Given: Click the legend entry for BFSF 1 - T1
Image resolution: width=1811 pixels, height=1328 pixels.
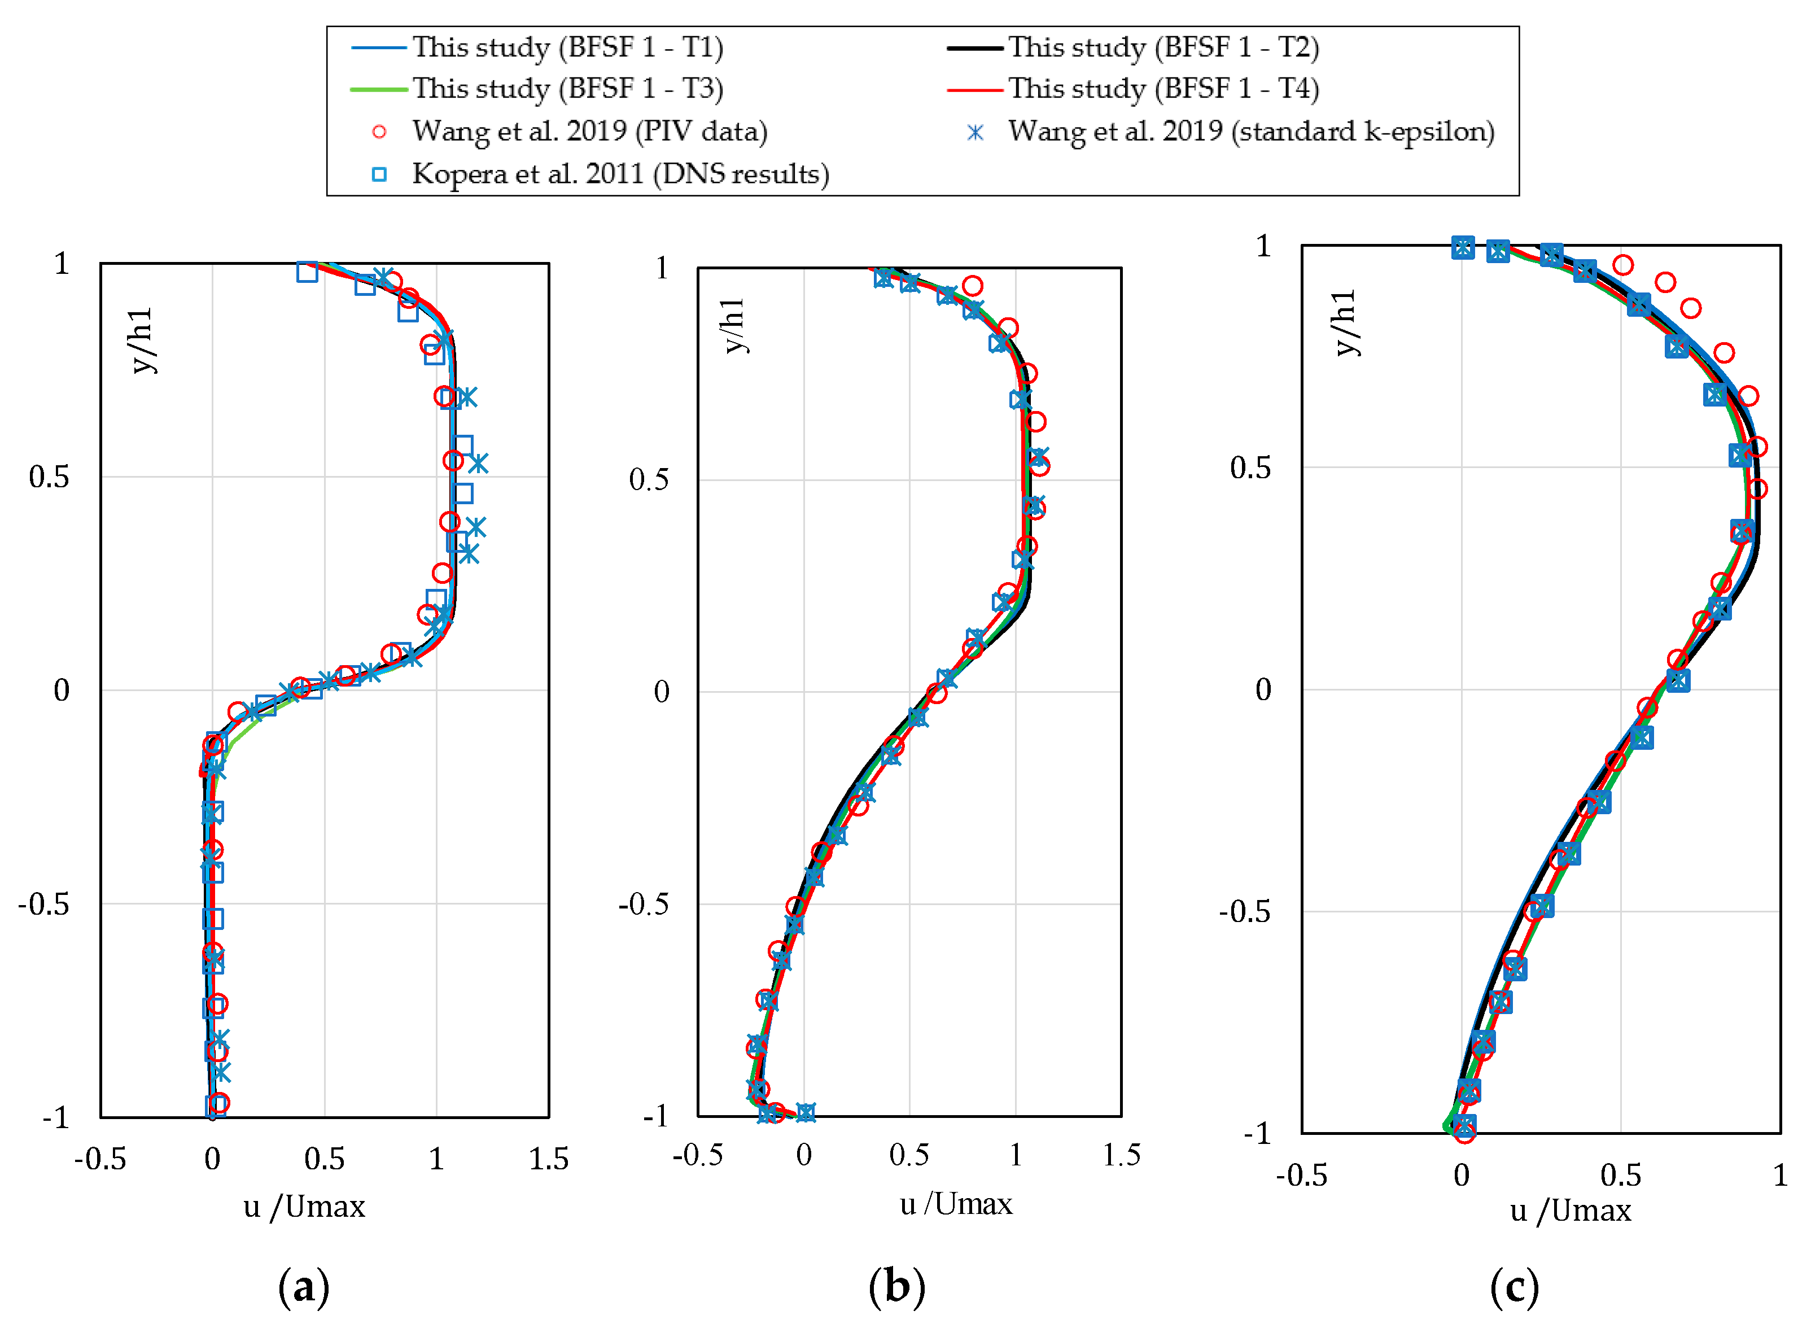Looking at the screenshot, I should [567, 47].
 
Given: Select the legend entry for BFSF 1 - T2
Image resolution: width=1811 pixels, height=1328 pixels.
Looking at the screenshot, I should [1163, 47].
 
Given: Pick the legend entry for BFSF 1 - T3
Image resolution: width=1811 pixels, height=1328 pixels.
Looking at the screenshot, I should [567, 89].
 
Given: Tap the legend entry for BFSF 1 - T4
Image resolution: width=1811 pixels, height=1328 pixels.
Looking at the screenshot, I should [1163, 89].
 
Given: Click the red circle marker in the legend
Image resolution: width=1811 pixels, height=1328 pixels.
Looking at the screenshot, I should [379, 132].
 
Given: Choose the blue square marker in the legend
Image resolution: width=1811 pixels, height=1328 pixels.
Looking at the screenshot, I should [379, 174].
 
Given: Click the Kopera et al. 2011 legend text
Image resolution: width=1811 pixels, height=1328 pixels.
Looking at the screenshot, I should [620, 174].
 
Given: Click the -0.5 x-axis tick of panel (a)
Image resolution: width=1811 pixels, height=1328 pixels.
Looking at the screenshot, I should [100, 1160].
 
